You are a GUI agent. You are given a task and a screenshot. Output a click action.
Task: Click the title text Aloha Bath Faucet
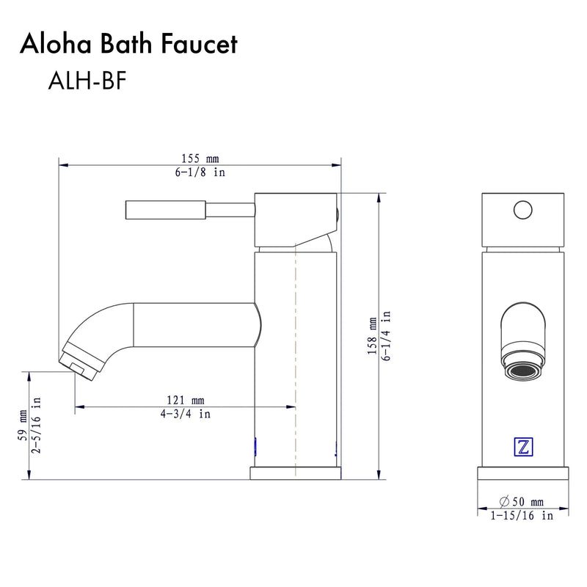(x=128, y=45)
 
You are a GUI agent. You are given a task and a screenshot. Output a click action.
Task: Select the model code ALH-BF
(x=87, y=81)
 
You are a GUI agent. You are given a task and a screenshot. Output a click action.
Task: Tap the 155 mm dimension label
(x=200, y=158)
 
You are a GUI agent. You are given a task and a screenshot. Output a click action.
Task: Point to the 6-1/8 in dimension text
(x=200, y=172)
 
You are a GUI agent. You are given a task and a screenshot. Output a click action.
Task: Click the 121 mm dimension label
(x=185, y=400)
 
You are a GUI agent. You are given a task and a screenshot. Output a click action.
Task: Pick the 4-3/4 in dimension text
(x=185, y=414)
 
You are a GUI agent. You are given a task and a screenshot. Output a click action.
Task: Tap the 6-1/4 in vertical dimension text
(x=386, y=332)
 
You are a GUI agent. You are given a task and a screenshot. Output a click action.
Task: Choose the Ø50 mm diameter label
(x=522, y=501)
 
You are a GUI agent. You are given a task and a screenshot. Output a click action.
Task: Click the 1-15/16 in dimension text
(x=522, y=516)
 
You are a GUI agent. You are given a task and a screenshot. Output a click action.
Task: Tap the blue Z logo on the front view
(x=523, y=447)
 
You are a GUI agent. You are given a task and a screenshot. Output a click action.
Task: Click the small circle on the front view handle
(x=522, y=211)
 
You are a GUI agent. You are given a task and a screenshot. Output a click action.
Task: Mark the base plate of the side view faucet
(x=296, y=473)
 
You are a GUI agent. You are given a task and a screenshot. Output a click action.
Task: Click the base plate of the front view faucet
(x=522, y=473)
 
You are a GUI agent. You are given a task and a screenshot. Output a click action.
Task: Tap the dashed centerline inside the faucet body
(x=295, y=352)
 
